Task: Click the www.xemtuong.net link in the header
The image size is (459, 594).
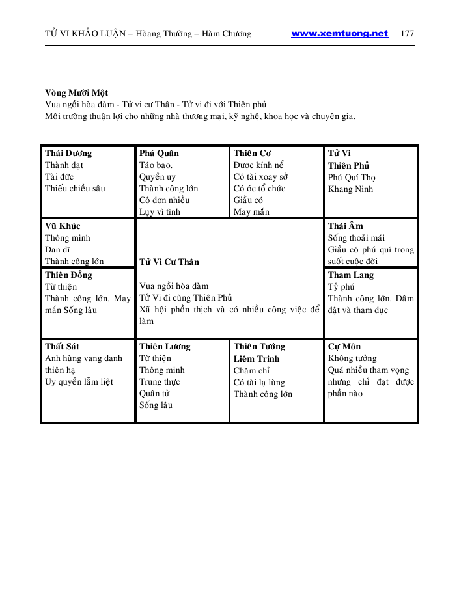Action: [339, 34]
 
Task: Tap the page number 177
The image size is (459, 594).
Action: [408, 34]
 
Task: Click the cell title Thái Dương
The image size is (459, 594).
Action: [68, 154]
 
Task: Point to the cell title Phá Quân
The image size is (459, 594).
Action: [159, 154]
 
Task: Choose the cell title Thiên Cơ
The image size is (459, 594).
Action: [253, 154]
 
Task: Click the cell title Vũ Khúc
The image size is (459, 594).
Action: [63, 226]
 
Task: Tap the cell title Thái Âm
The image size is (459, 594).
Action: [346, 226]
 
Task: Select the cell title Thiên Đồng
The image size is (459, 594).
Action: [68, 275]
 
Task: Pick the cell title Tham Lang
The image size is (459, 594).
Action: [351, 275]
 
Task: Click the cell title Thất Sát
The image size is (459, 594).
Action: [63, 347]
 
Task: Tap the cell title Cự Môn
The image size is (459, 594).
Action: [344, 347]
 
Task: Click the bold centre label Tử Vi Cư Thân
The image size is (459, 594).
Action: [169, 262]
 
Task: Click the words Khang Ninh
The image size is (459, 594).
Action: [350, 189]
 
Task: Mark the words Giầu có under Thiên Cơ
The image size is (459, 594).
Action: [248, 200]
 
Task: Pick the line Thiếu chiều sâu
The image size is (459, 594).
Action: [75, 189]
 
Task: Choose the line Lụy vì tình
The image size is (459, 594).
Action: [160, 212]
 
